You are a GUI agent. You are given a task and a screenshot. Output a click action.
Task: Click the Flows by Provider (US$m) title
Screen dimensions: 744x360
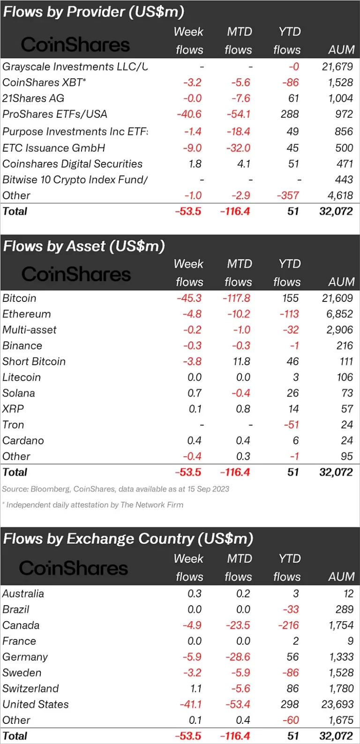(94, 12)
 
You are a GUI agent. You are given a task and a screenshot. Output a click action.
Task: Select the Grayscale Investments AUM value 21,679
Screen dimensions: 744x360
(337, 67)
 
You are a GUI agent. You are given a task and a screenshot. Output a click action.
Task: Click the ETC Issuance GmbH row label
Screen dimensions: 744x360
(53, 148)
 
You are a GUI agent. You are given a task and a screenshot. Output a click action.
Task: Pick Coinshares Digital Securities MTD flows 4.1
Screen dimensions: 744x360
(244, 164)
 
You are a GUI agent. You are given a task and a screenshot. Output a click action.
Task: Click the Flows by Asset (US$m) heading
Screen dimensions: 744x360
(84, 246)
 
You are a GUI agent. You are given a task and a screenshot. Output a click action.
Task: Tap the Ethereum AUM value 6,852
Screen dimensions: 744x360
(340, 314)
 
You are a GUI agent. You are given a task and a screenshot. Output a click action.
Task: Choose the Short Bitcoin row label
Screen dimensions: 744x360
(34, 361)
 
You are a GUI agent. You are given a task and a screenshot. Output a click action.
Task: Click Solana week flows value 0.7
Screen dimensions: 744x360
(195, 393)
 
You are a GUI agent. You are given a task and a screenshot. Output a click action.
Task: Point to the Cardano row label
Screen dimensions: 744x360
(23, 441)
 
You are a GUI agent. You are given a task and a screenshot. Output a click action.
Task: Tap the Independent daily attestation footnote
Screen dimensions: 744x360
(94, 505)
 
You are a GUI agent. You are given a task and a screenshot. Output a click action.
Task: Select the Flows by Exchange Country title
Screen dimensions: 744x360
(128, 539)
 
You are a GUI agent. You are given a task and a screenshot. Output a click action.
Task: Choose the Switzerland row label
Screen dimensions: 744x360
(30, 689)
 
